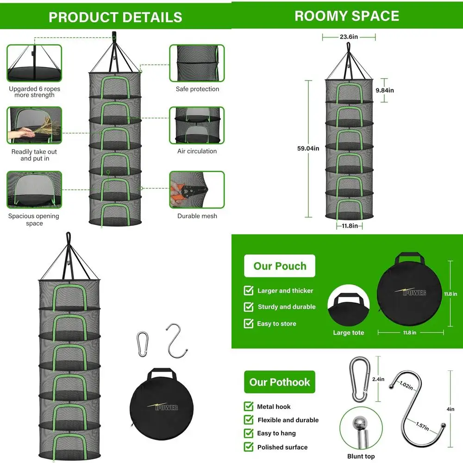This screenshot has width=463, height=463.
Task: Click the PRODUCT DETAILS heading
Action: [x=115, y=17]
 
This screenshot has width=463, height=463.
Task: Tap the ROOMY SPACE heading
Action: [x=347, y=16]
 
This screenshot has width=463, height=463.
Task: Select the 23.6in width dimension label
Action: [x=349, y=37]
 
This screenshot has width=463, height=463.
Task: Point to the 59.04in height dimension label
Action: [x=308, y=148]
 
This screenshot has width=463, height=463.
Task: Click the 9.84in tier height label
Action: [x=384, y=90]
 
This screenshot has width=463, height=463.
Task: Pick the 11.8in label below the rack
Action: [x=350, y=226]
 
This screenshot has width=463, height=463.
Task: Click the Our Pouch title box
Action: [x=280, y=266]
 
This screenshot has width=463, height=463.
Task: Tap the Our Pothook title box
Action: [x=280, y=382]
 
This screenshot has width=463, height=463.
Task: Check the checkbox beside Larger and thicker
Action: [x=249, y=291]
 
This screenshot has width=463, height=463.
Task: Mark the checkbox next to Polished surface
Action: [x=249, y=447]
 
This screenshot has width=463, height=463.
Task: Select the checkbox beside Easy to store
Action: [x=249, y=323]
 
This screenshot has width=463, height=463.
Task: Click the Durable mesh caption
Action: [x=197, y=216]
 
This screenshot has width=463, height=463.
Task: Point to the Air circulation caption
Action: [x=197, y=151]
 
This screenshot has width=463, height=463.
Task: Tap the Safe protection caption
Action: [x=197, y=89]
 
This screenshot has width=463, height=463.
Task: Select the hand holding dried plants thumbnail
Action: [x=34, y=125]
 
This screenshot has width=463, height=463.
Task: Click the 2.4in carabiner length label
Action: [x=378, y=379]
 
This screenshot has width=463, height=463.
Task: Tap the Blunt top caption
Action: [x=361, y=456]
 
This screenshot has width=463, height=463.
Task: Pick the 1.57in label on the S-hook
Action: [x=422, y=426]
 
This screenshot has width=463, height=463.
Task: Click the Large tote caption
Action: [x=349, y=332]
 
